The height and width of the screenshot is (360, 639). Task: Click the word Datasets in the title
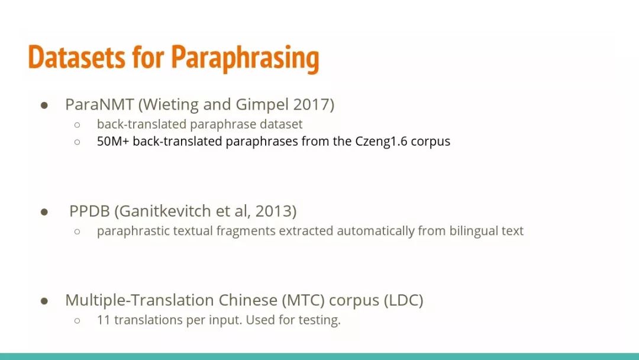(x=76, y=57)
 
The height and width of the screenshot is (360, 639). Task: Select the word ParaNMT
(x=99, y=104)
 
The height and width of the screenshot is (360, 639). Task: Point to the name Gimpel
(x=262, y=105)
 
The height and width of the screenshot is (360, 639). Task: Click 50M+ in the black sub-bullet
(x=113, y=141)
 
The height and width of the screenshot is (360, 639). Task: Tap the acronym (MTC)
(x=303, y=300)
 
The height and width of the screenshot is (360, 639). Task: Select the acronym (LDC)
(x=404, y=300)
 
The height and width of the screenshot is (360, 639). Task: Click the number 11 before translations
(x=104, y=320)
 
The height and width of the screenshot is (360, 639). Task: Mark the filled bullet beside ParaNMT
(x=44, y=105)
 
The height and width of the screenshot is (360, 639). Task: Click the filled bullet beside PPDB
(x=44, y=212)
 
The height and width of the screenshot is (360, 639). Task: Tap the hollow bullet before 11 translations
(x=77, y=321)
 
